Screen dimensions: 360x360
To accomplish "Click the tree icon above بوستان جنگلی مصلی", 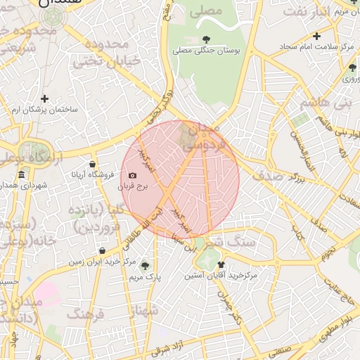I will [x=206, y=39].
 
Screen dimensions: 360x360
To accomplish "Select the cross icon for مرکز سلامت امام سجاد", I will [x=316, y=36].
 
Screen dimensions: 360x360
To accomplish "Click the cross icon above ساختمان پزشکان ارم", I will [x=45, y=99].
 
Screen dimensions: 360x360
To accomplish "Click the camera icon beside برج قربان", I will [x=132, y=175].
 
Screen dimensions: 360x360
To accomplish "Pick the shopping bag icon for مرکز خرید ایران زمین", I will [x=103, y=250].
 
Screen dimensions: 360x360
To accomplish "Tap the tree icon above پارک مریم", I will [x=145, y=266].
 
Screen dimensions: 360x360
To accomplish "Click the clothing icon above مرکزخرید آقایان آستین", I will [x=221, y=264].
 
